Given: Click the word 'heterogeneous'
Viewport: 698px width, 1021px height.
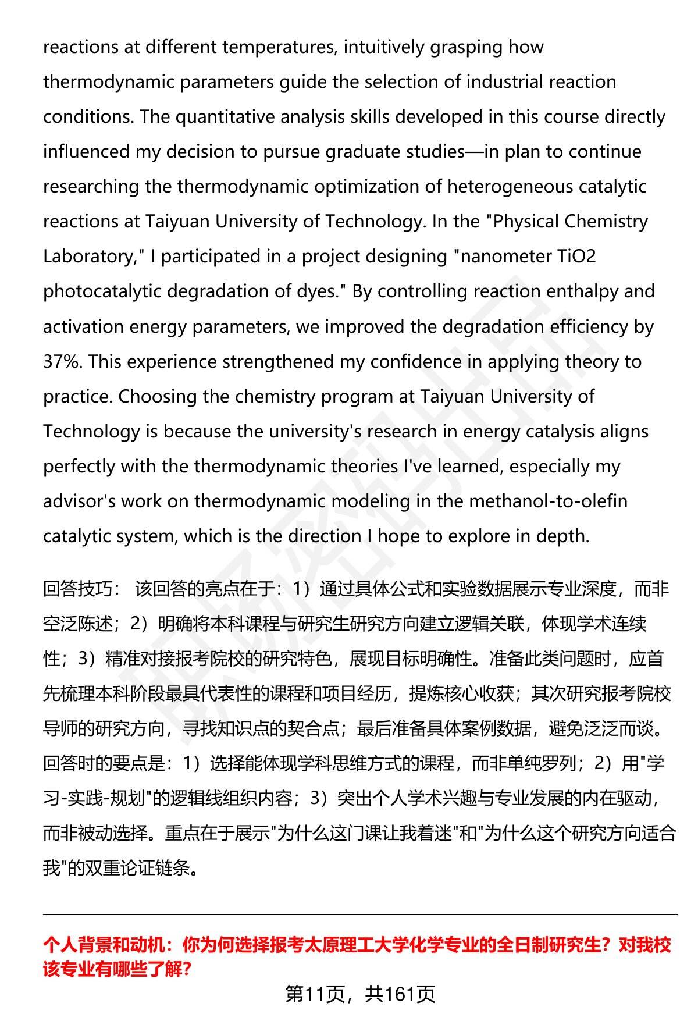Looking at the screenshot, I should point(510,187).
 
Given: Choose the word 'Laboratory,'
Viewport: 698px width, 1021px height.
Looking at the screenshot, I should point(90,257).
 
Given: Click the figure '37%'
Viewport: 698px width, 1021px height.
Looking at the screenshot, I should point(62,362).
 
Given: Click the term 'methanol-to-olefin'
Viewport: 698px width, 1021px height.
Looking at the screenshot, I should point(548,501).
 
